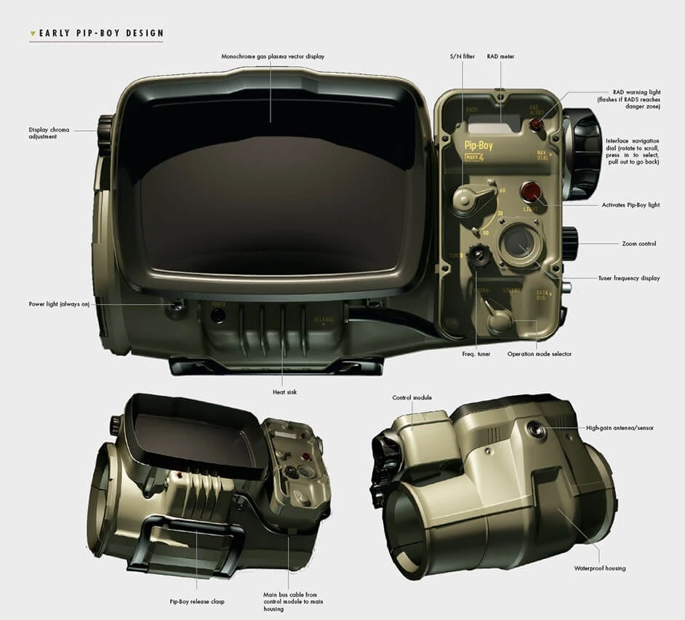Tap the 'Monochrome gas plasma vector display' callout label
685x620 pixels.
[x=273, y=56]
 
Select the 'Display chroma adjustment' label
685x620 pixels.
[x=49, y=133]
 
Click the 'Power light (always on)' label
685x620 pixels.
[x=59, y=304]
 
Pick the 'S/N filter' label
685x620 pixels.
[x=461, y=56]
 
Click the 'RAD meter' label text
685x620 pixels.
[x=500, y=56]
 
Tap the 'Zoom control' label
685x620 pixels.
[x=638, y=244]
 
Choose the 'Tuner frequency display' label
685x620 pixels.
[x=630, y=278]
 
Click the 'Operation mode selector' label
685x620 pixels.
[x=540, y=354]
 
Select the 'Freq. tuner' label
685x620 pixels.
[x=476, y=354]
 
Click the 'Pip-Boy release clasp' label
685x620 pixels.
[x=196, y=601]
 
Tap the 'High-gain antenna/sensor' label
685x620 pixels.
[x=620, y=428]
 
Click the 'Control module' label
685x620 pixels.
[x=412, y=398]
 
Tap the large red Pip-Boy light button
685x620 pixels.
[x=532, y=193]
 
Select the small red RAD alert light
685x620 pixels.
[x=537, y=125]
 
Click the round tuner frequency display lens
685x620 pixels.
[x=518, y=243]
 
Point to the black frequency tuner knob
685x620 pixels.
[x=478, y=255]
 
